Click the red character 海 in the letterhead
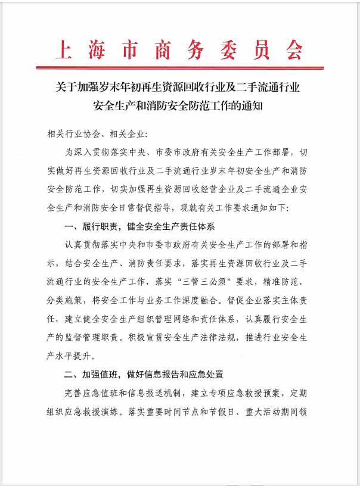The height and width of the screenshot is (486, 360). tap(95, 49)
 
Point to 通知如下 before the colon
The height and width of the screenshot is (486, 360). tap(268, 208)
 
